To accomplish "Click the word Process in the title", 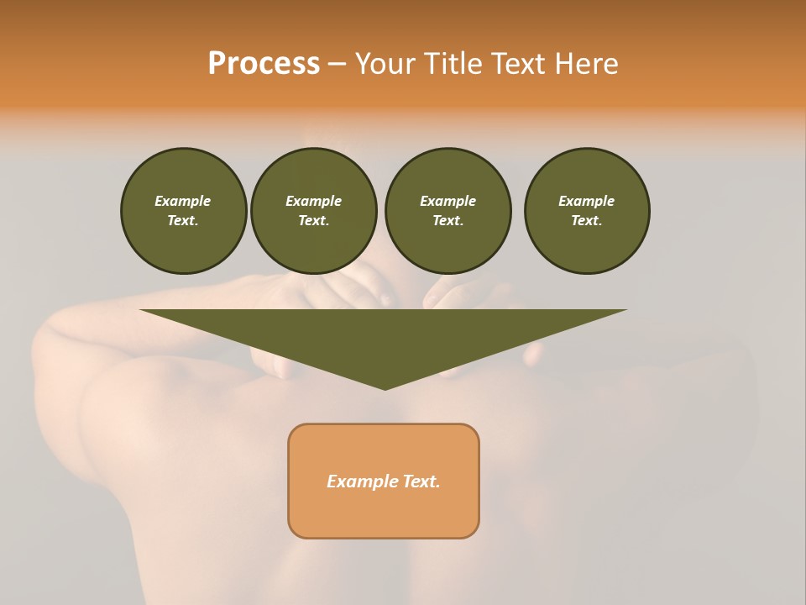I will coord(264,64).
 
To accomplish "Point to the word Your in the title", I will coord(385,64).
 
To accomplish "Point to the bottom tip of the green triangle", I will coord(385,388).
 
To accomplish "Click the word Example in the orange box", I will coord(362,481).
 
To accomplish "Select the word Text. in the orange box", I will coord(421,481).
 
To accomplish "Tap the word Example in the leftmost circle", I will coord(183,201).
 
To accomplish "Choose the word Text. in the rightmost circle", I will coord(586,220).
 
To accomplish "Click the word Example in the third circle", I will coord(447,201).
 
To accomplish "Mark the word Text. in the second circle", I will coord(313,220).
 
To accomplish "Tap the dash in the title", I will coord(337,65).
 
